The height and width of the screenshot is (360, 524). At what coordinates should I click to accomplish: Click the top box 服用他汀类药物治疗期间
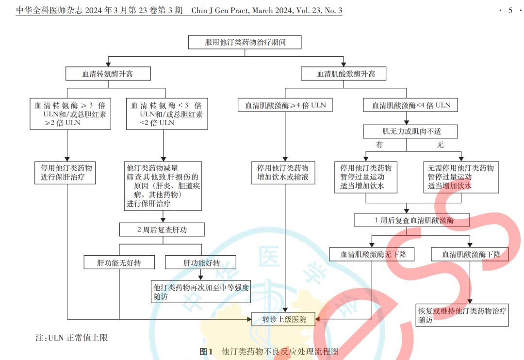[x=245, y=42]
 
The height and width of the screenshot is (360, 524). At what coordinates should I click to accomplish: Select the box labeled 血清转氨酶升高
[x=108, y=74]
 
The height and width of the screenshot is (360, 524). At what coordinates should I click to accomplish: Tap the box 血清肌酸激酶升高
[x=345, y=74]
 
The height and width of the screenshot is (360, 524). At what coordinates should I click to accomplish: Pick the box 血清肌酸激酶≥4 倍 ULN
[x=285, y=105]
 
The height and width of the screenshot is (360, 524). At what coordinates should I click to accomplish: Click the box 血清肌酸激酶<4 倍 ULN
[x=410, y=105]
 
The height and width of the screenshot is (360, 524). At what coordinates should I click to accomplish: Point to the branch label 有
[x=379, y=145]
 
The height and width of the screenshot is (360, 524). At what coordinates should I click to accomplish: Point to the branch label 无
[x=440, y=145]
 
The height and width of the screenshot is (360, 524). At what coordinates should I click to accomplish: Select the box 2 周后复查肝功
[x=162, y=229]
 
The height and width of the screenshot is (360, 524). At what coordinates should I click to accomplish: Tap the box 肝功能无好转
[x=119, y=263]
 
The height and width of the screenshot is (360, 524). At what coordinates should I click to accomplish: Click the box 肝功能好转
[x=201, y=263]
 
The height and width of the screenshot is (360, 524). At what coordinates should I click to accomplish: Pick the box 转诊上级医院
[x=285, y=319]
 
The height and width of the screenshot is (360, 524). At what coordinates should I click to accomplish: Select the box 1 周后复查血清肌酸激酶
[x=412, y=220]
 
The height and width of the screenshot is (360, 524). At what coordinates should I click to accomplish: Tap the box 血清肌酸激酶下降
[x=470, y=254]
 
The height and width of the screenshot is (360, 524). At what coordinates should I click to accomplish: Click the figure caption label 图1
[x=206, y=351]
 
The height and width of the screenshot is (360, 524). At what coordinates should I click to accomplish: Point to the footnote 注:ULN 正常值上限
[x=72, y=337]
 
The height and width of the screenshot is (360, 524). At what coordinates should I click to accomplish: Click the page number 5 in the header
[x=510, y=10]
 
